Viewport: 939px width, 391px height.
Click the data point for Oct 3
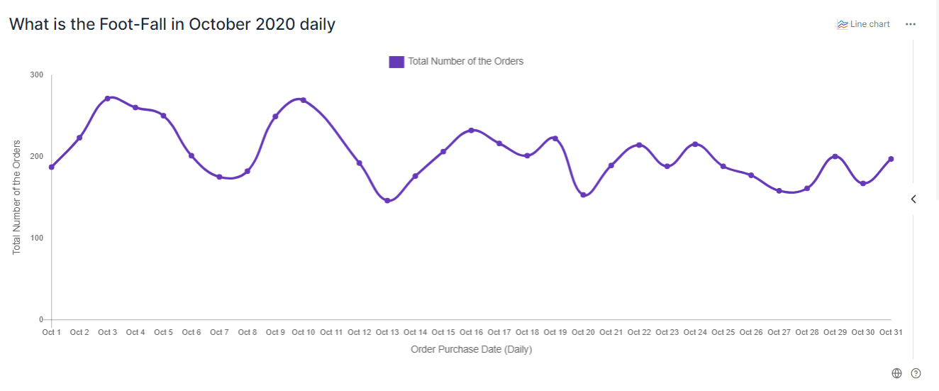pyautogui.click(x=107, y=99)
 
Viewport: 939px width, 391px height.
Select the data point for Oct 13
pyautogui.click(x=387, y=201)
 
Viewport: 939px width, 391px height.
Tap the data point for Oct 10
pyautogui.click(x=304, y=100)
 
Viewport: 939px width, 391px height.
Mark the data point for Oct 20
pyautogui.click(x=583, y=194)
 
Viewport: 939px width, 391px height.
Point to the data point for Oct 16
pyautogui.click(x=471, y=131)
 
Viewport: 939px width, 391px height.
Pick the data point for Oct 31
pyautogui.click(x=891, y=159)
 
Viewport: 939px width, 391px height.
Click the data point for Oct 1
pyautogui.click(x=52, y=167)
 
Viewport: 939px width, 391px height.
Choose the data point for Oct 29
pyautogui.click(x=835, y=156)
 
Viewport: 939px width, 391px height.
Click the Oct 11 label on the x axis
pyautogui.click(x=331, y=332)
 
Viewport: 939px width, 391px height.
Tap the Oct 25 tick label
pyautogui.click(x=723, y=332)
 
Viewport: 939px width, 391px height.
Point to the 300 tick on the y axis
pyautogui.click(x=36, y=75)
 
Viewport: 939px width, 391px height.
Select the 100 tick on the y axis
pyautogui.click(x=36, y=238)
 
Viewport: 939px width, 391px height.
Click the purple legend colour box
pyautogui.click(x=396, y=62)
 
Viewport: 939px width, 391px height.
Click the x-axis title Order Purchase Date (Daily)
pyautogui.click(x=471, y=349)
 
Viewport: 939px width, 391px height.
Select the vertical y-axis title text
pyautogui.click(x=17, y=197)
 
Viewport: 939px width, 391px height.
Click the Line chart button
pyautogui.click(x=863, y=24)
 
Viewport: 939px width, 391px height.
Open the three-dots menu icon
pyautogui.click(x=911, y=24)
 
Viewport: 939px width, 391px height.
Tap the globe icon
pyautogui.click(x=896, y=373)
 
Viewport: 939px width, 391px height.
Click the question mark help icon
pyautogui.click(x=916, y=373)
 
